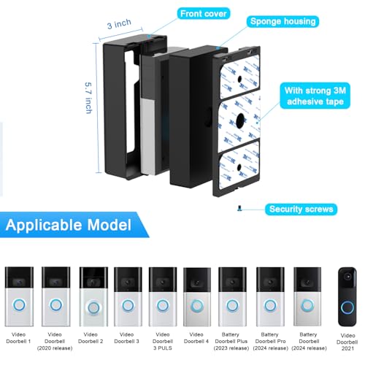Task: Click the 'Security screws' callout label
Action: (301, 209)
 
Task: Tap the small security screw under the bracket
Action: (240, 207)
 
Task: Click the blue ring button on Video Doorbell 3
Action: (127, 306)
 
